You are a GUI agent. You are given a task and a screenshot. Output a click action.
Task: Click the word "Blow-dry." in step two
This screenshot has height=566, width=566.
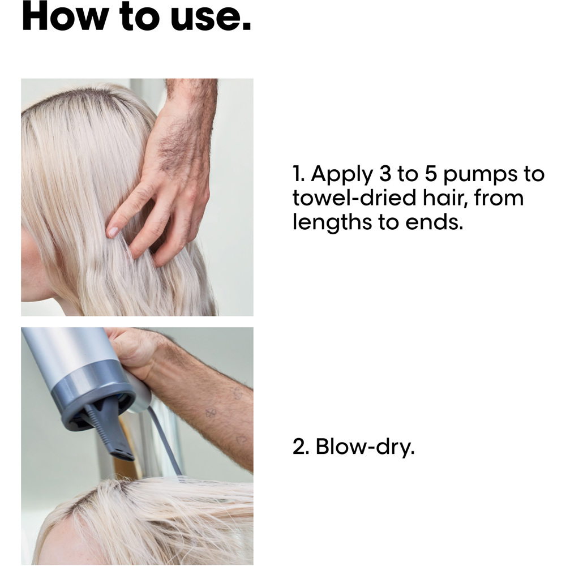365,447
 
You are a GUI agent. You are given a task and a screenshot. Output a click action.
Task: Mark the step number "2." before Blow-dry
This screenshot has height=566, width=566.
301,447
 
